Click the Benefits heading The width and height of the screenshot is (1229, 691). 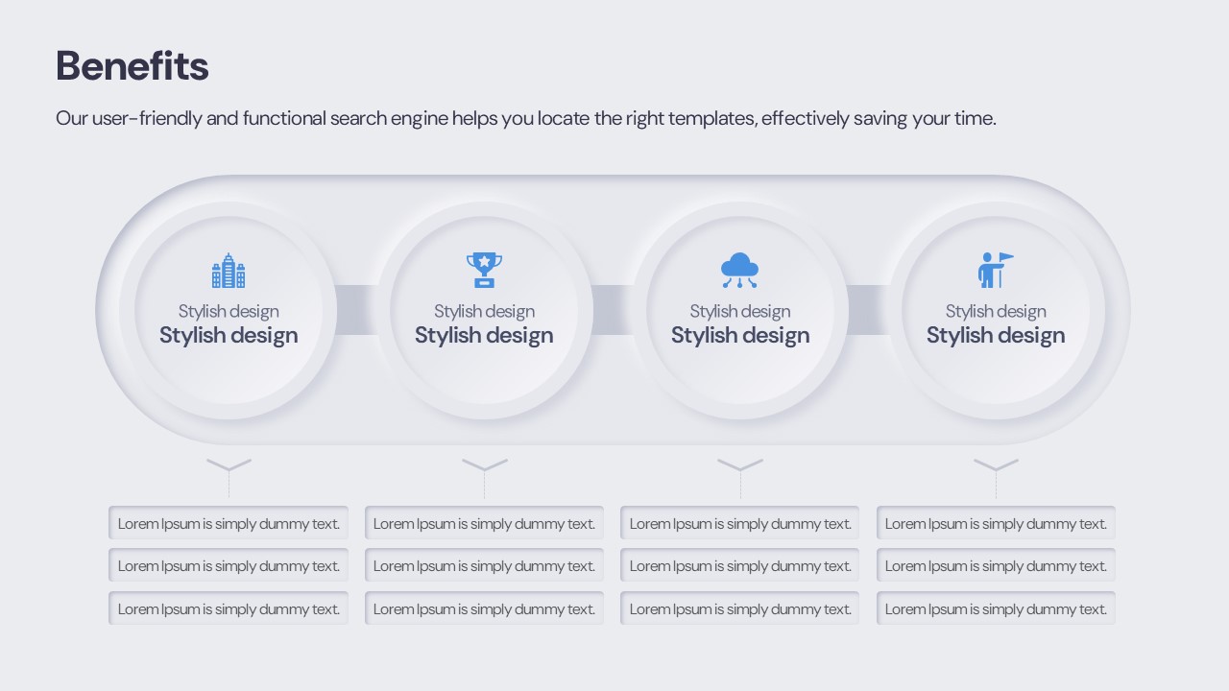click(133, 66)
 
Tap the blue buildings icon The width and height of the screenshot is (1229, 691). click(229, 271)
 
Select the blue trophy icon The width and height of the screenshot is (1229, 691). click(484, 270)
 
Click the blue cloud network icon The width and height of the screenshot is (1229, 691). click(739, 270)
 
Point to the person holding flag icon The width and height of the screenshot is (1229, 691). click(996, 270)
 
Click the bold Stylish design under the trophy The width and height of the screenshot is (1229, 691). click(484, 335)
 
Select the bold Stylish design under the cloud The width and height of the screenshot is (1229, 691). click(740, 335)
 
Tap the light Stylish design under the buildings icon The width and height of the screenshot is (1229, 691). click(229, 312)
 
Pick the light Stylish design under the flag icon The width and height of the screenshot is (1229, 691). click(996, 312)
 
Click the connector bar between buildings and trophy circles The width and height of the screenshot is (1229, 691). click(356, 310)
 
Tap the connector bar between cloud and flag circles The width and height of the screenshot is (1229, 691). click(868, 310)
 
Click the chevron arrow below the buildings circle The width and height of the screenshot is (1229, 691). click(229, 465)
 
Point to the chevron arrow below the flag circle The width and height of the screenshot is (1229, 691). click(996, 465)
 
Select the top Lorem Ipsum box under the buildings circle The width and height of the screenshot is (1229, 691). click(229, 523)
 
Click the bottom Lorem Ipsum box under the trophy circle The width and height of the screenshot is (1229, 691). click(484, 608)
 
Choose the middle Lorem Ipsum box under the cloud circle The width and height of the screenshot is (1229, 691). click(739, 565)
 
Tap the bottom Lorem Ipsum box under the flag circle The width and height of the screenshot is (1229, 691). click(996, 608)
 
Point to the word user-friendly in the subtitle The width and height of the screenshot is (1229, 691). click(147, 118)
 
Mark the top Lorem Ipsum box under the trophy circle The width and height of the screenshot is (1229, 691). click(484, 523)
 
